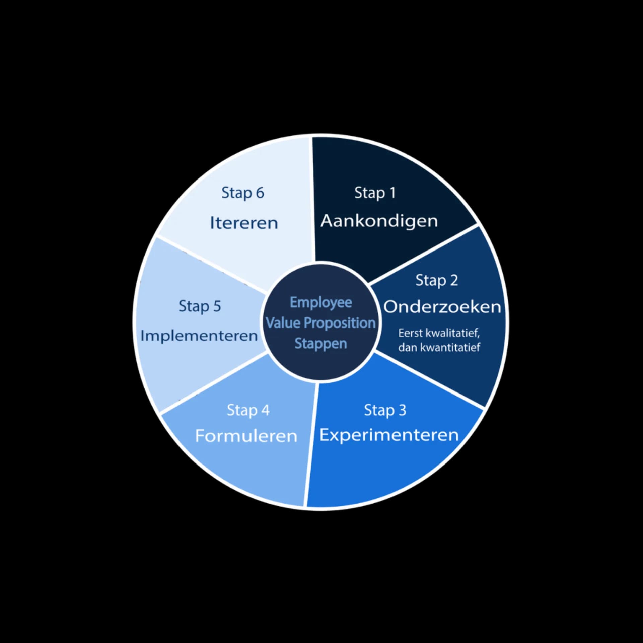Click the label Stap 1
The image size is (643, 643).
tap(375, 193)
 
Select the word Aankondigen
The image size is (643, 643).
tap(379, 221)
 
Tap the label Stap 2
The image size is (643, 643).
tap(436, 280)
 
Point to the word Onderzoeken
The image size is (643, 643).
tap(442, 307)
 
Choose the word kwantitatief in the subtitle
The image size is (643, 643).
tap(450, 347)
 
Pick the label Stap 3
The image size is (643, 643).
tap(385, 410)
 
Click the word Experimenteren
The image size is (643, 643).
tap(389, 435)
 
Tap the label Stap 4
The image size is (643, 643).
tap(248, 410)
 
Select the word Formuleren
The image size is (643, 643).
tap(246, 436)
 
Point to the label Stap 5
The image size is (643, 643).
tap(200, 306)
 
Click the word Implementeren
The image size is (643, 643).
tap(199, 336)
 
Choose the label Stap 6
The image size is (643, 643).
tap(242, 193)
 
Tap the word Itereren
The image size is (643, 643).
tap(244, 223)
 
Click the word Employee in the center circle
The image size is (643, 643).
tap(320, 303)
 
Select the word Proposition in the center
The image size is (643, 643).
tap(340, 323)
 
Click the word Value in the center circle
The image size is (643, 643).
tap(283, 323)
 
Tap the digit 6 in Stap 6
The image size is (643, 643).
tap(260, 193)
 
